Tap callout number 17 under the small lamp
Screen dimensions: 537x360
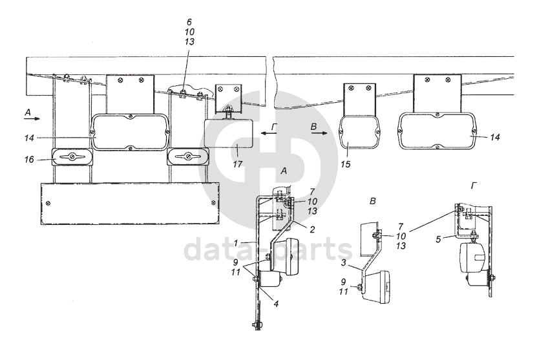pyautogui.click(x=238, y=165)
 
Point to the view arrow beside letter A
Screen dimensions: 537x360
pyautogui.click(x=34, y=119)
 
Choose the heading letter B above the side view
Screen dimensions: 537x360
pyautogui.click(x=372, y=202)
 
